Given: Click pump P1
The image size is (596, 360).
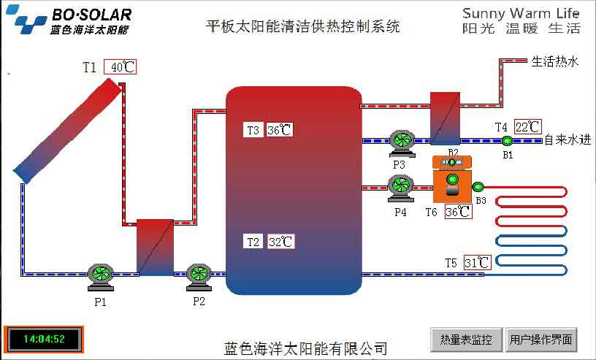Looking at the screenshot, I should [x=100, y=274].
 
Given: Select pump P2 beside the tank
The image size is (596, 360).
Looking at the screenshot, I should [x=199, y=274].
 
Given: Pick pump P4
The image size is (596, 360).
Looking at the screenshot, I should [x=400, y=187].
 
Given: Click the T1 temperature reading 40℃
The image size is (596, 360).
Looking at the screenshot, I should [x=121, y=67].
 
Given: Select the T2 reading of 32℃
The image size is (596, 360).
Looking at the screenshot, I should [x=280, y=242].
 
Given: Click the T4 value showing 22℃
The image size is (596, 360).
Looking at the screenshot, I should [x=528, y=126].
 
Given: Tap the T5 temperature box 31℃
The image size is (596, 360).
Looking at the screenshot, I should [x=477, y=263].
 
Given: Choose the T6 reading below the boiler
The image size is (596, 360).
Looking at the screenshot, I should [x=458, y=212].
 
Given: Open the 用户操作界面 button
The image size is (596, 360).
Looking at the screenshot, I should [x=542, y=340].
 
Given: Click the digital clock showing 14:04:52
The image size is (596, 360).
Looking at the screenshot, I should [x=44, y=340].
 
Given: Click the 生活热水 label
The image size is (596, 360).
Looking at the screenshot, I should [x=555, y=62].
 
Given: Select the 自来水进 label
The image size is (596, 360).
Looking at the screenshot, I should [x=568, y=139].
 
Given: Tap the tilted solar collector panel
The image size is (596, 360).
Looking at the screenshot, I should [x=67, y=131].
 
